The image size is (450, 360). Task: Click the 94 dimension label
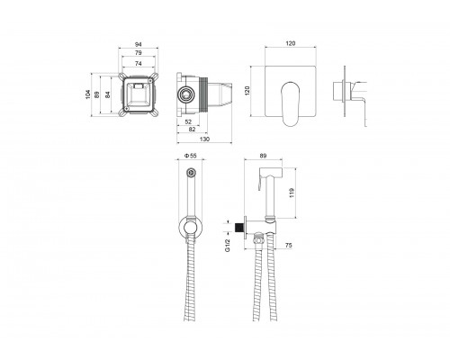pyautogui.click(x=138, y=44)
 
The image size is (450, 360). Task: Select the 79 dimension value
pyautogui.click(x=138, y=53)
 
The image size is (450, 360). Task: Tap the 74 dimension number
pyautogui.click(x=138, y=64)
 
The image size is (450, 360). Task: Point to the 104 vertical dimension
pyautogui.click(x=88, y=94)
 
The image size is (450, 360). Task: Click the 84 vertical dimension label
pyautogui.click(x=107, y=94)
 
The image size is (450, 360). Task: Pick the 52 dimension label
pyautogui.click(x=188, y=121)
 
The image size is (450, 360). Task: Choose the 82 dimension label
pyautogui.click(x=193, y=130)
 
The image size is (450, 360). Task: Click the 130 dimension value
pyautogui.click(x=204, y=139)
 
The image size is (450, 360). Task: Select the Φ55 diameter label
pyautogui.click(x=190, y=156)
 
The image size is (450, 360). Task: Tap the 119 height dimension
pyautogui.click(x=292, y=193)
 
